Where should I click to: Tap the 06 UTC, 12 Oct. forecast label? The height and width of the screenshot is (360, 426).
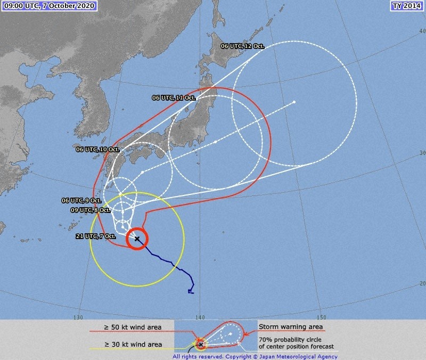click(x=243, y=46)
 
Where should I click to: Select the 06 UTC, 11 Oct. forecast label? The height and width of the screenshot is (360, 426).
click(x=174, y=98)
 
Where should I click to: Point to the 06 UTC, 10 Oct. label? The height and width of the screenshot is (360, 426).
click(x=97, y=150)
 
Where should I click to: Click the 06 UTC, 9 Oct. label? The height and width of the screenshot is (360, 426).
click(x=81, y=201)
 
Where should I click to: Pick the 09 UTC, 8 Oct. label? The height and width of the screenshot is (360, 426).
click(x=90, y=210)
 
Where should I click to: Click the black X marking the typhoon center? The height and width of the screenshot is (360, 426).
click(x=137, y=239)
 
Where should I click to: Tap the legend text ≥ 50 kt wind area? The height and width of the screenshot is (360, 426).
click(x=133, y=327)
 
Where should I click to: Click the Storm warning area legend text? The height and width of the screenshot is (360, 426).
click(x=291, y=326)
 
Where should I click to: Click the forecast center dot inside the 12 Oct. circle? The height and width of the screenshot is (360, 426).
click(x=294, y=102)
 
